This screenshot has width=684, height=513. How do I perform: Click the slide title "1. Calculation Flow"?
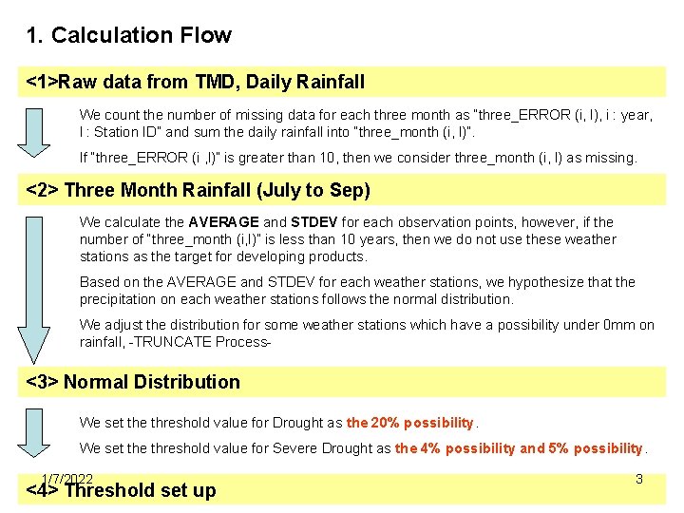click(x=129, y=36)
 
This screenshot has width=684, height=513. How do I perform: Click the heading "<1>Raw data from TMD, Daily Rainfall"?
click(x=196, y=83)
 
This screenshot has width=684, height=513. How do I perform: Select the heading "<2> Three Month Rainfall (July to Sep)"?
click(x=199, y=190)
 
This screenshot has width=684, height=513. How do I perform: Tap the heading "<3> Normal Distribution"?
click(x=133, y=382)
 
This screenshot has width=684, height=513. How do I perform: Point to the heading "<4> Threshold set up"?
click(x=122, y=491)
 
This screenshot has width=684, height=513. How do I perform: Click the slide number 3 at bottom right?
click(x=639, y=480)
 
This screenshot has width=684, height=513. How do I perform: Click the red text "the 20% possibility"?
click(x=409, y=423)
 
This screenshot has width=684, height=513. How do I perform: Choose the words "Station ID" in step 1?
click(x=126, y=132)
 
